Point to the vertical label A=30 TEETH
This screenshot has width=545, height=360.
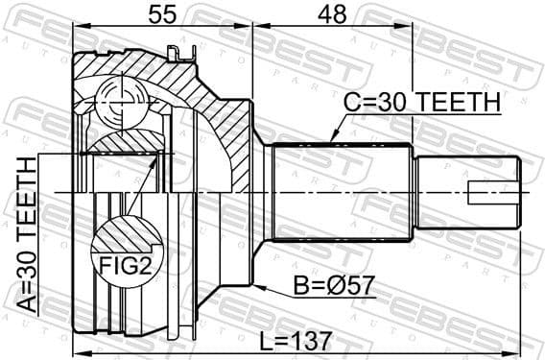click(x=27, y=235)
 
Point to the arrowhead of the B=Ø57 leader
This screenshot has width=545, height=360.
click(x=256, y=285)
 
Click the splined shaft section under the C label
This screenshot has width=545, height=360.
click(x=341, y=192)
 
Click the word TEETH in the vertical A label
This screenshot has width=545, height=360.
click(x=27, y=198)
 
